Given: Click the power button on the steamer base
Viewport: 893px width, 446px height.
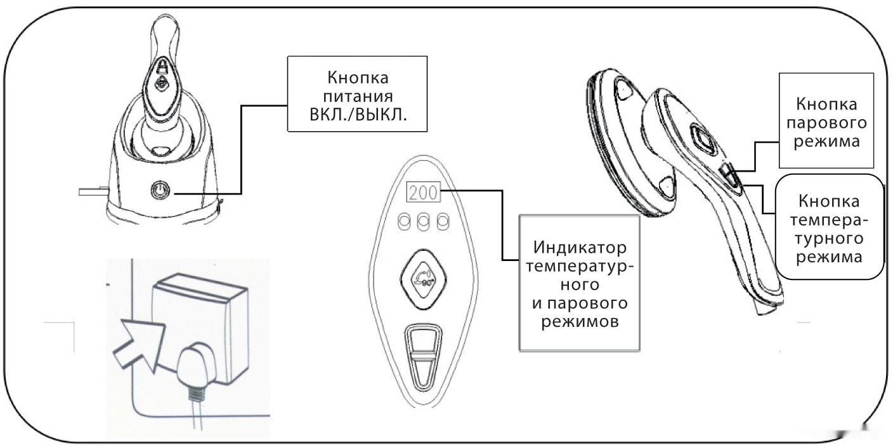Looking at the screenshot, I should pyautogui.click(x=160, y=190).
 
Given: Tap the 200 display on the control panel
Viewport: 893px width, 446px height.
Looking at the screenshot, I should pyautogui.click(x=423, y=193).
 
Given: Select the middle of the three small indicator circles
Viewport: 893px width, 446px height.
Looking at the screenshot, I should pyautogui.click(x=423, y=221).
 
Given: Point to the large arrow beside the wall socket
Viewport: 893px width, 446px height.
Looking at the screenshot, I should pyautogui.click(x=139, y=343).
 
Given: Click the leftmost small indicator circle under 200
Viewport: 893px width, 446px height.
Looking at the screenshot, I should pyautogui.click(x=404, y=221).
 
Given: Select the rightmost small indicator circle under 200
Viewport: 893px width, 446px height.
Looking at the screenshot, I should pyautogui.click(x=443, y=221).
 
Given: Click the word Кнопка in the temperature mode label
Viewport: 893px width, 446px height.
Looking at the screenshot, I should pyautogui.click(x=830, y=202).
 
